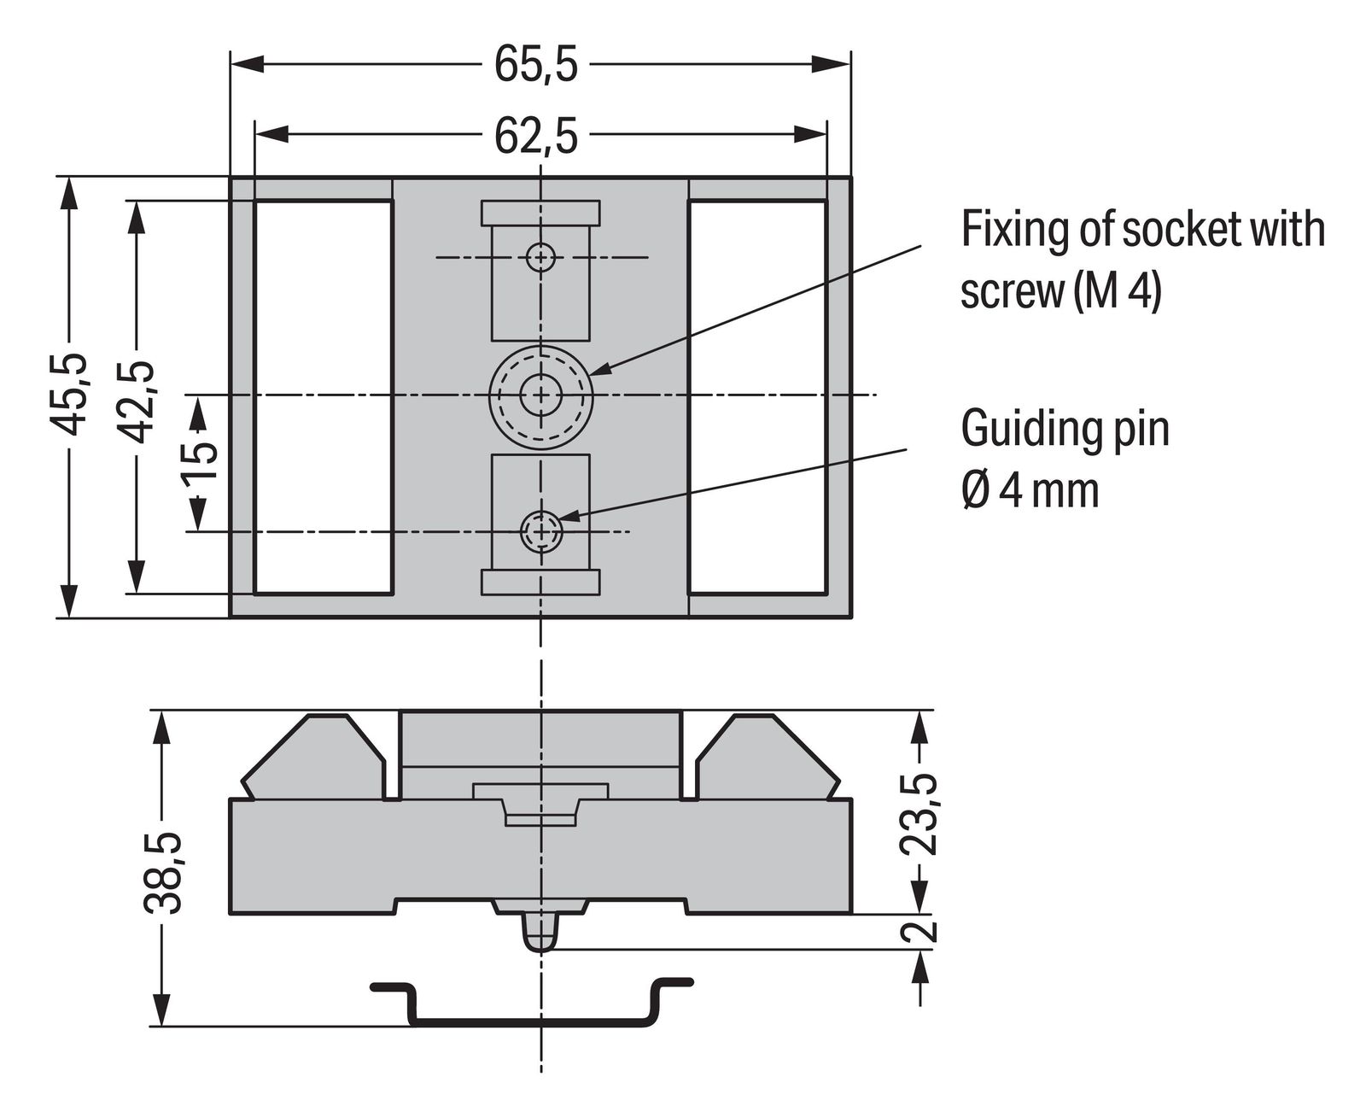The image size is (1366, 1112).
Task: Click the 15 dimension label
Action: (200, 462)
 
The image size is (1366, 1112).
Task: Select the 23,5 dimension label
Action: (919, 816)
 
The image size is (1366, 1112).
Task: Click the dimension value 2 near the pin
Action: (919, 930)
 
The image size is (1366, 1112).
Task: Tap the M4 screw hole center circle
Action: (540, 395)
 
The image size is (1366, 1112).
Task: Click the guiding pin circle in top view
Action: (540, 531)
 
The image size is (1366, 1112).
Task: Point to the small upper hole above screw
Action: (540, 256)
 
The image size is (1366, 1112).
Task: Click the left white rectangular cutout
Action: (323, 397)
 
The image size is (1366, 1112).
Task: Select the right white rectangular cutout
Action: (756, 397)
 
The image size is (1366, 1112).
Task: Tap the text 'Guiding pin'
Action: (1065, 429)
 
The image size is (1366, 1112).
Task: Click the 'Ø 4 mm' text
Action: (1030, 492)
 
